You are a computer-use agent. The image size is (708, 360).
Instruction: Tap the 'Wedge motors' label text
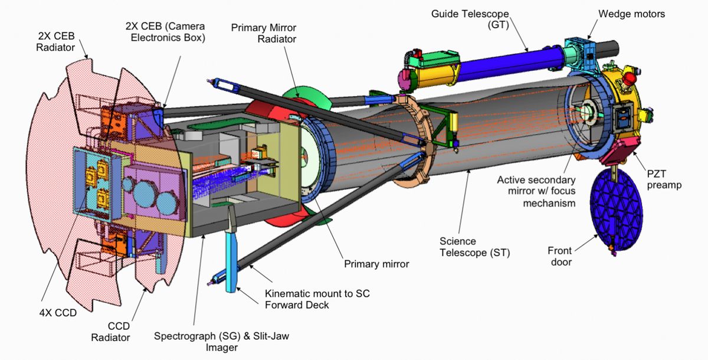pos(631,14)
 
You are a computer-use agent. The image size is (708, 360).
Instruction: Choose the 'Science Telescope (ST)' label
pos(474,247)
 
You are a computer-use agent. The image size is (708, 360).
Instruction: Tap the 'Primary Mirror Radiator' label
pos(264,34)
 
